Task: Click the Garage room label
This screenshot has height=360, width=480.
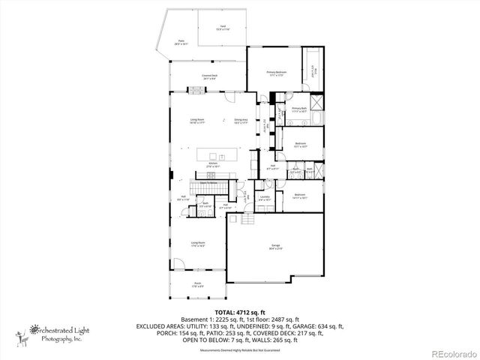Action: pyautogui.click(x=265, y=245)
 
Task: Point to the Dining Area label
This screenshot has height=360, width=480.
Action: pyautogui.click(x=241, y=121)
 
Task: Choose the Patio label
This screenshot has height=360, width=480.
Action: pyautogui.click(x=181, y=43)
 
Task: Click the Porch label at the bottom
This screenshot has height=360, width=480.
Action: pyautogui.click(x=196, y=284)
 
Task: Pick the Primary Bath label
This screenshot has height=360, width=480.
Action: pyautogui.click(x=299, y=110)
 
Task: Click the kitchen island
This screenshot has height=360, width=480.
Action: pyautogui.click(x=217, y=154)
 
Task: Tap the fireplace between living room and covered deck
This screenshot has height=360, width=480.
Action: pyautogui.click(x=196, y=91)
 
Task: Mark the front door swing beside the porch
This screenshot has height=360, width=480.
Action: pyautogui.click(x=177, y=264)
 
